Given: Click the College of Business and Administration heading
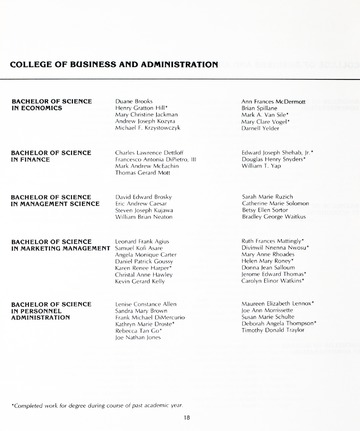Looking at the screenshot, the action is click(x=113, y=64).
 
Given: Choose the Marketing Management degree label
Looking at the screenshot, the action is click(x=59, y=246).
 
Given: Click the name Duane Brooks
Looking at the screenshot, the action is click(x=135, y=101).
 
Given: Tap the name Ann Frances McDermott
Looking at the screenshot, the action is click(x=274, y=101).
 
